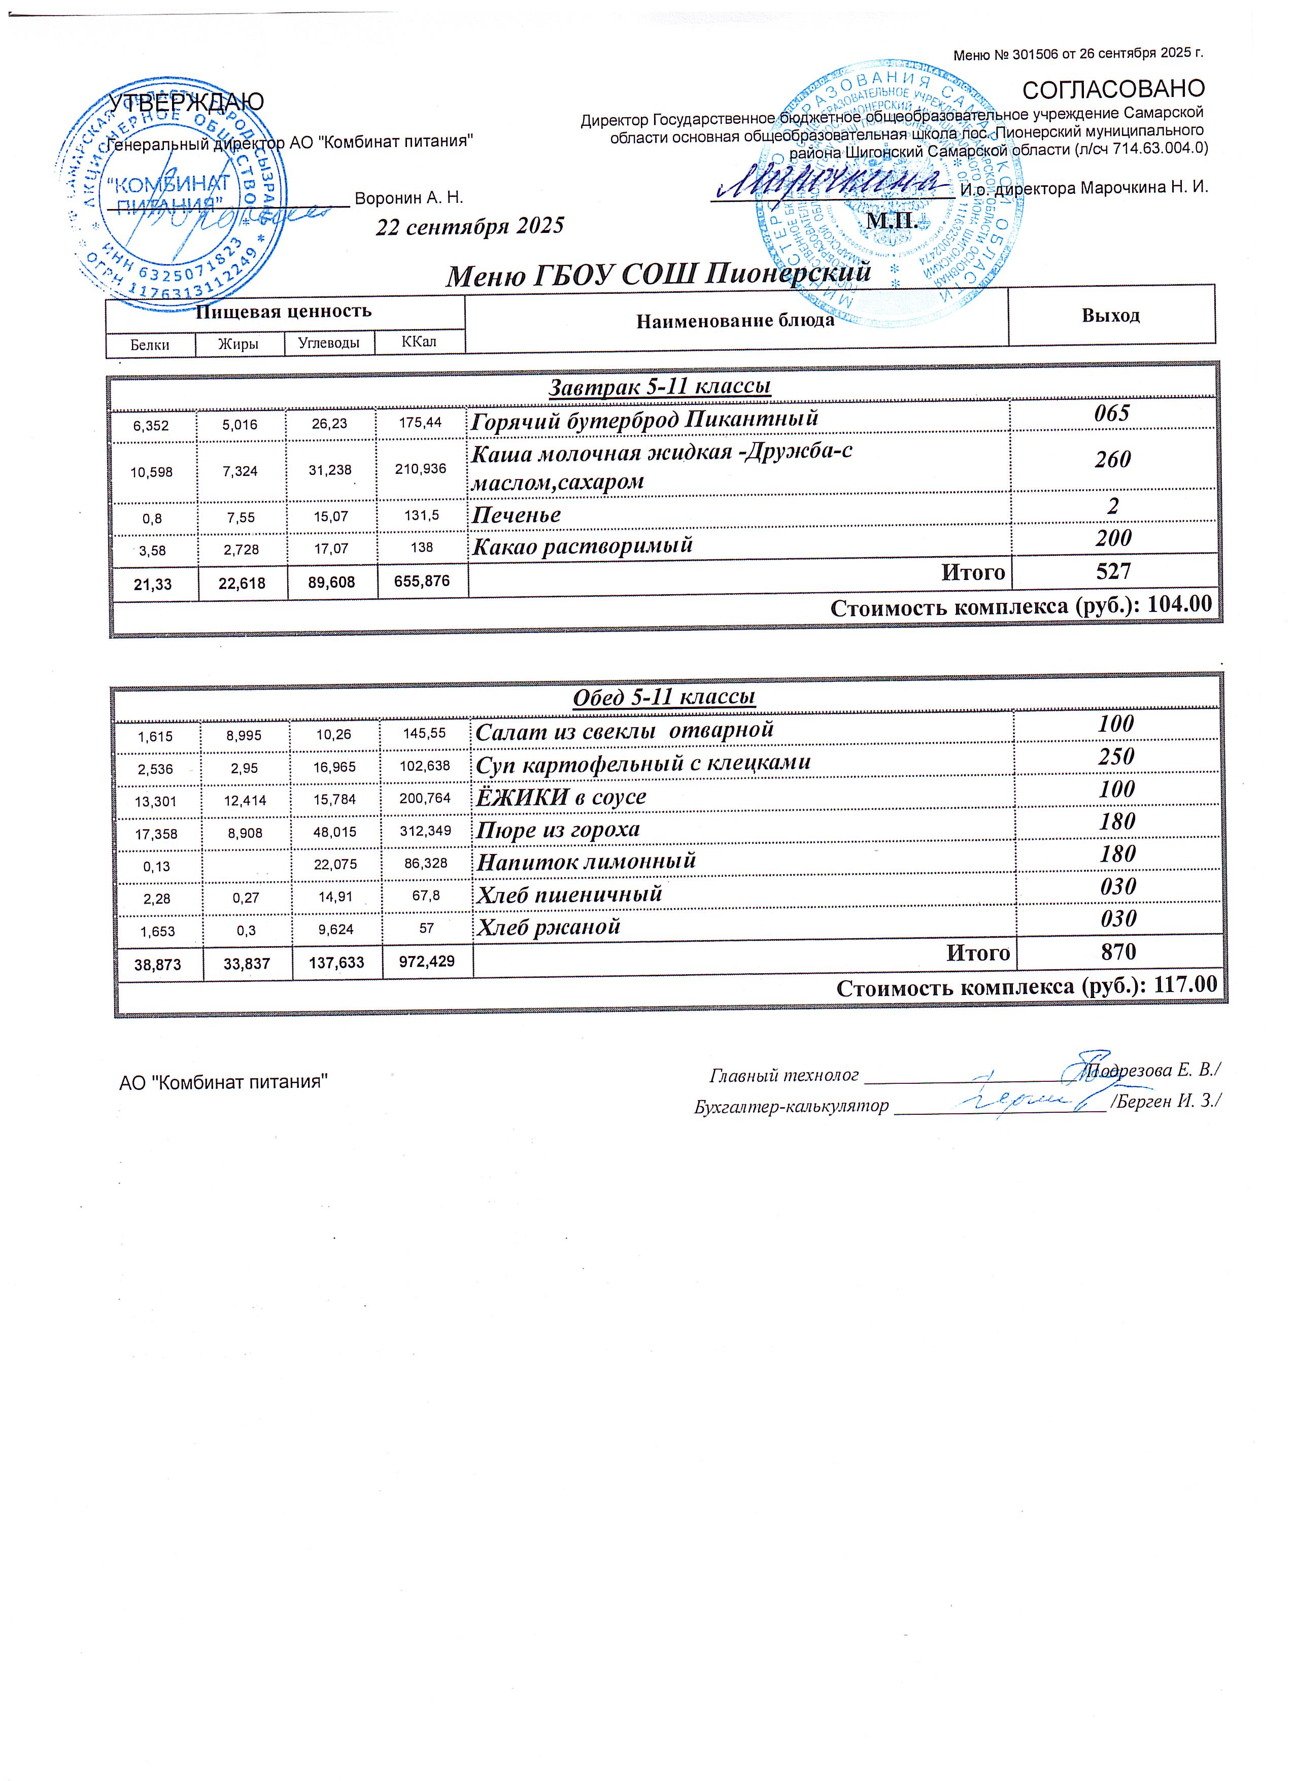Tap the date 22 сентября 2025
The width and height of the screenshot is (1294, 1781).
coord(469,226)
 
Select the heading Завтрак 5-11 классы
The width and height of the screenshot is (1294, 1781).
coord(659,386)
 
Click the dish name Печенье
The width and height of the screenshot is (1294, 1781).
coord(516,515)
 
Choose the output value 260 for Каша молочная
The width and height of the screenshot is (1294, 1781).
coord(1112,459)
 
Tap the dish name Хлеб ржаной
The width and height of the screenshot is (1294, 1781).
coord(548,927)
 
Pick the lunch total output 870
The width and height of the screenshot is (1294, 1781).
coord(1117,952)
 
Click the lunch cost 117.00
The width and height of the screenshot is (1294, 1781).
coord(1184,986)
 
